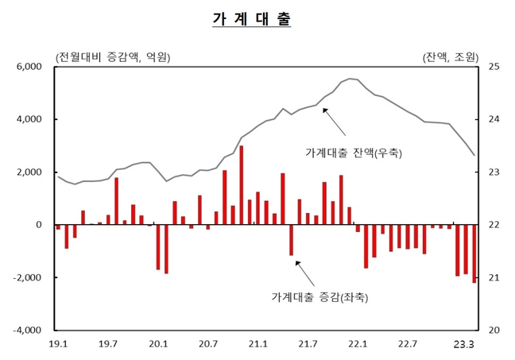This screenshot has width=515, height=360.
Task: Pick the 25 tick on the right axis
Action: click(x=494, y=68)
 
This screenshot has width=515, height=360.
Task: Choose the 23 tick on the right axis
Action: click(x=494, y=172)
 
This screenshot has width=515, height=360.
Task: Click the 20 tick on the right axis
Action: click(x=494, y=330)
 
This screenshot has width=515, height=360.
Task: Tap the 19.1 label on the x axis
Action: click(x=58, y=344)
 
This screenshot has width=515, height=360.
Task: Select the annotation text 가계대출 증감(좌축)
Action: click(x=321, y=297)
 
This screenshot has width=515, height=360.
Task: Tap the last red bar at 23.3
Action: click(x=474, y=254)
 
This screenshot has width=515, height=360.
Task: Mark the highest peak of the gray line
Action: click(x=350, y=79)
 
